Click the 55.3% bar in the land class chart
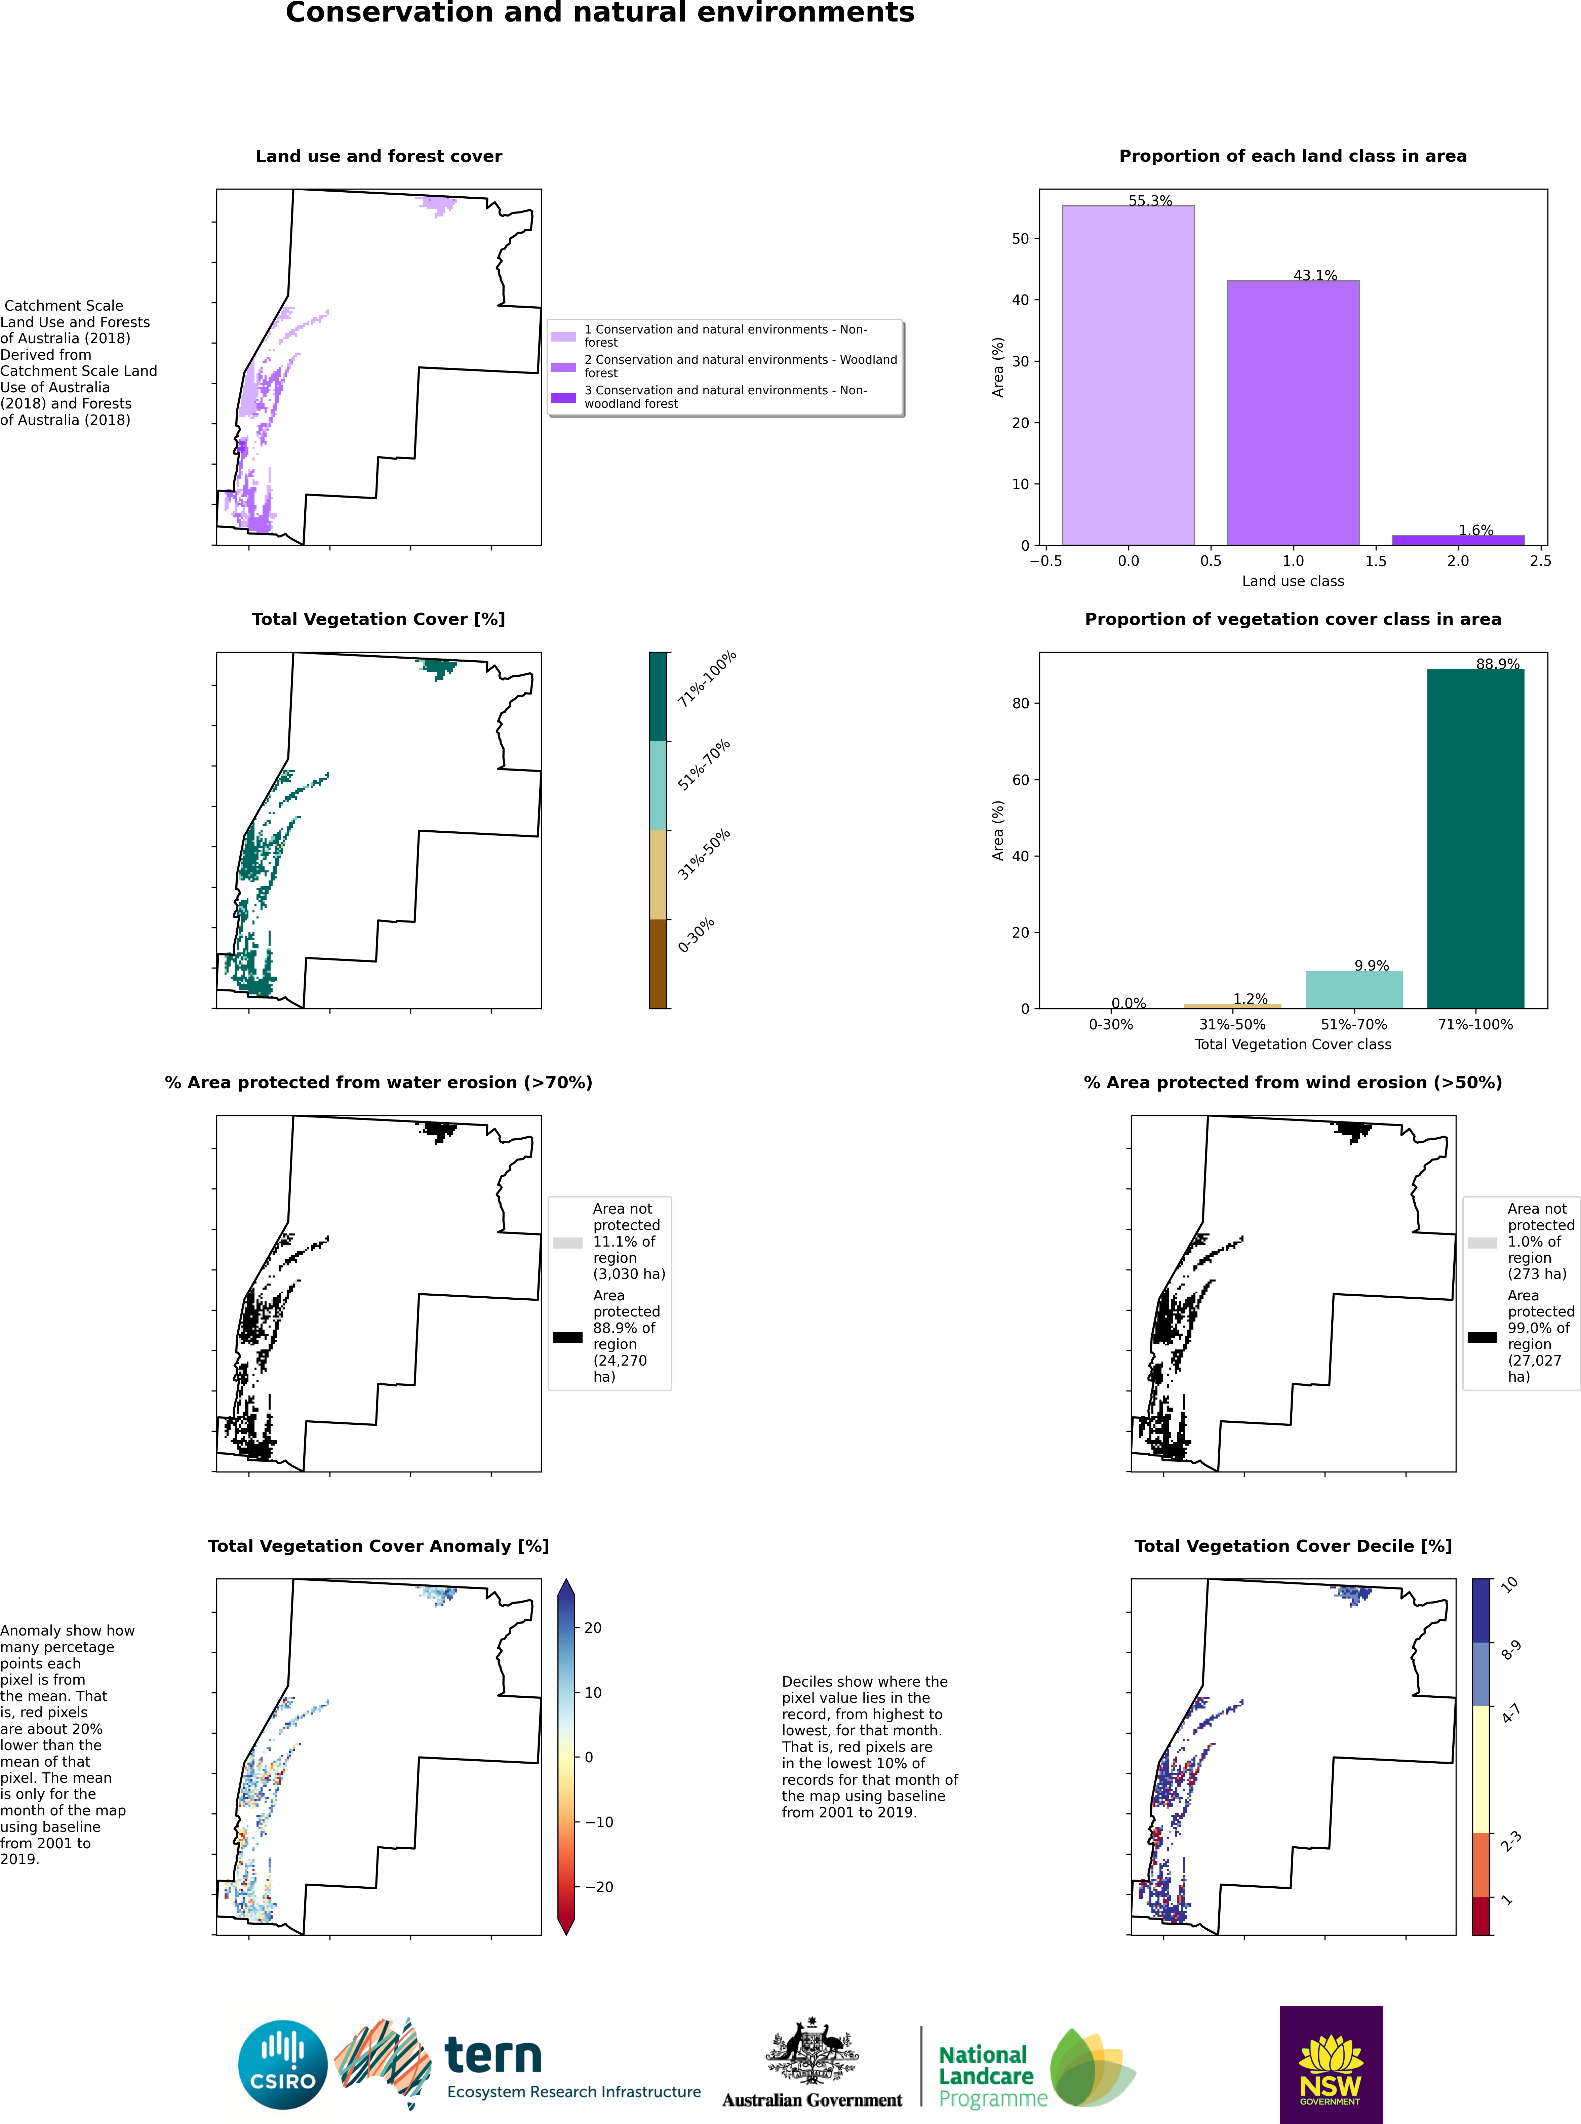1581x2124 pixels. tap(1128, 375)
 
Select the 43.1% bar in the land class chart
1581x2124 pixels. tap(1293, 412)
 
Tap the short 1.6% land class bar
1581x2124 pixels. tap(1458, 540)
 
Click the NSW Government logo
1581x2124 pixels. tap(1330, 2064)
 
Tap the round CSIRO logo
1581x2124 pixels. tap(283, 2064)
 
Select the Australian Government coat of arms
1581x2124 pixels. tap(812, 2051)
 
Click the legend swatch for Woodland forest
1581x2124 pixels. tap(564, 366)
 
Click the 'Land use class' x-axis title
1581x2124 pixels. tap(1293, 581)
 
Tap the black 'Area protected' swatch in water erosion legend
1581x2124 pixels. tap(567, 1337)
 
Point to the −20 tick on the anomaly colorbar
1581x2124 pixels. tap(599, 1887)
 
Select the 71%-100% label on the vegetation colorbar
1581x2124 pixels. tap(706, 679)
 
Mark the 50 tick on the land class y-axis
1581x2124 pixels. tap(1020, 238)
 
